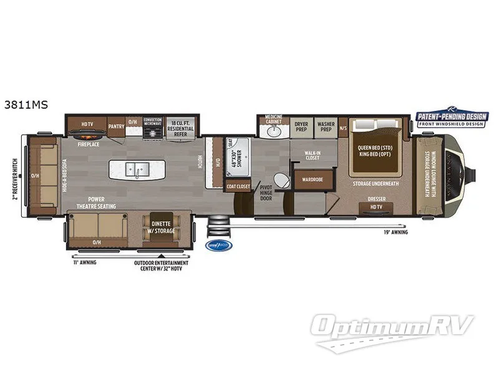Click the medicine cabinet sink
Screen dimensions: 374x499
[273, 132]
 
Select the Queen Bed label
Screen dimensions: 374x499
[374, 151]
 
